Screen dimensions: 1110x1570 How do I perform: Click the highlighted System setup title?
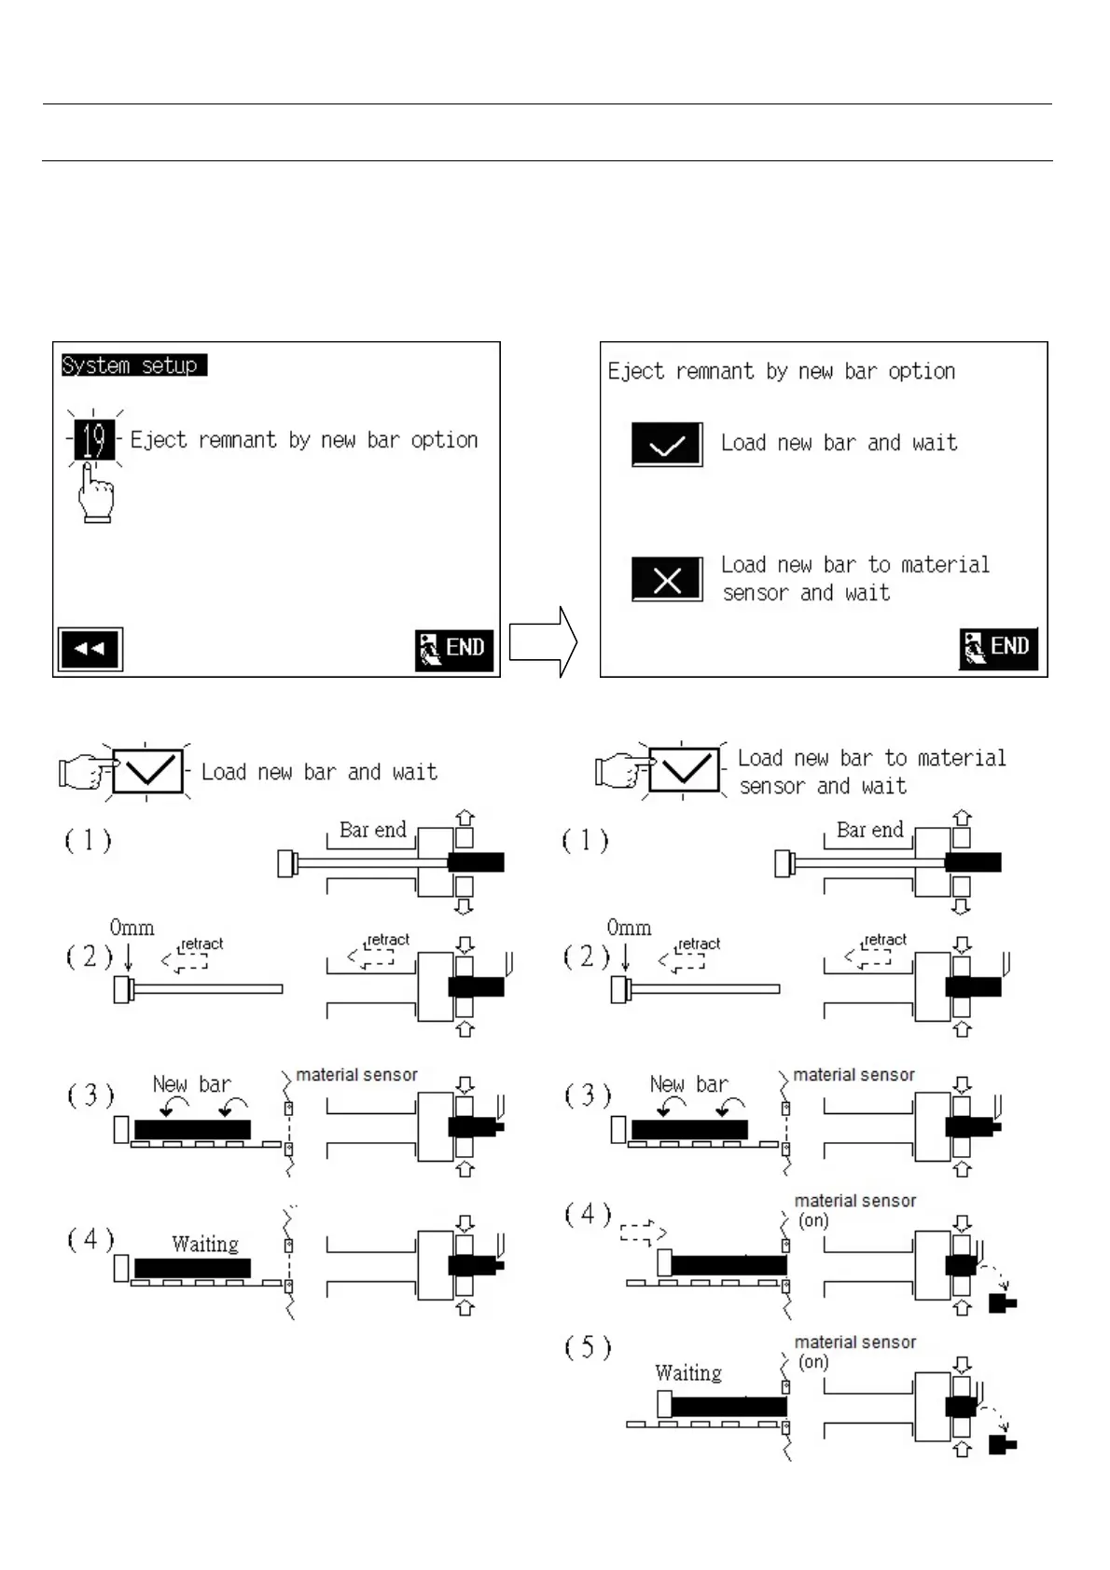coord(133,365)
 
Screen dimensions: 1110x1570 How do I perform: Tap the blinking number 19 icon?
coord(94,440)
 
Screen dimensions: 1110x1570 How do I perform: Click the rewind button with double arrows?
coord(90,649)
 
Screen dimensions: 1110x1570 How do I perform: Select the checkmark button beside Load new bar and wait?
coord(667,445)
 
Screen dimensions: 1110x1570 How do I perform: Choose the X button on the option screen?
coord(667,580)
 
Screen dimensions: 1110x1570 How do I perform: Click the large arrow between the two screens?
coord(543,642)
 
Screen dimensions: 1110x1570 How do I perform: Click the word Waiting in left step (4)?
coord(205,1245)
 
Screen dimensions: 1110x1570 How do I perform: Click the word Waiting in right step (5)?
coord(688,1373)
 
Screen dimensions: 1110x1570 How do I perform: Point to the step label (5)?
coord(588,1348)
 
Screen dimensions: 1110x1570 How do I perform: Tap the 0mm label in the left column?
coord(132,928)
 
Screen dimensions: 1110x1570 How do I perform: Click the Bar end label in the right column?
coord(869,830)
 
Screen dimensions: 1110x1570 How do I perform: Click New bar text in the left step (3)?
coord(192,1084)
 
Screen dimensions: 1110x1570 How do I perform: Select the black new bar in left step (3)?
coord(192,1129)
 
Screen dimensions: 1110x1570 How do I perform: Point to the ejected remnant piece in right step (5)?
coord(1003,1445)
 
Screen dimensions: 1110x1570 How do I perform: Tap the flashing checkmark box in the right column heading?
coord(684,770)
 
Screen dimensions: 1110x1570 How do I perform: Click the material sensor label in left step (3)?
coord(356,1075)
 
